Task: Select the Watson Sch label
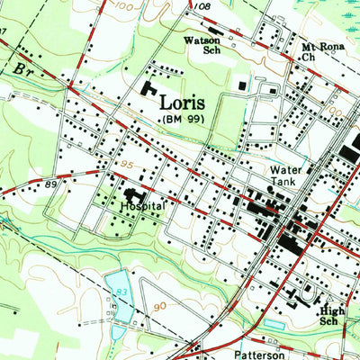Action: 202,46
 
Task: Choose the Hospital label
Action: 141,206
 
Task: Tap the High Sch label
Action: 332,314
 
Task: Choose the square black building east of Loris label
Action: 243,85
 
